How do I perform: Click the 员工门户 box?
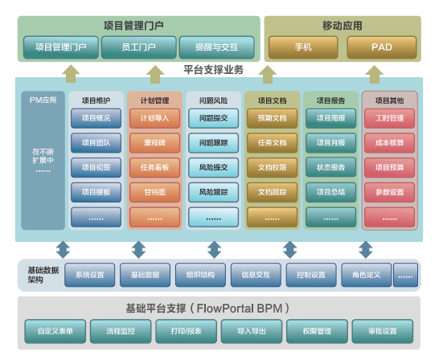click(x=138, y=47)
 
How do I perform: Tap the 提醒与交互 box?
click(x=216, y=47)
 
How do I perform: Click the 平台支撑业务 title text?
click(x=214, y=71)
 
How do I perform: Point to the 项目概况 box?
click(x=96, y=119)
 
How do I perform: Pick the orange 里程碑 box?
click(x=154, y=143)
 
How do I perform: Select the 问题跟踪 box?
click(x=213, y=143)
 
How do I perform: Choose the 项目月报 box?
click(x=330, y=143)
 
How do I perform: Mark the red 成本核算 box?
click(x=389, y=143)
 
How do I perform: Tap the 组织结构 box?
click(x=200, y=275)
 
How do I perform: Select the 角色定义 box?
click(x=366, y=275)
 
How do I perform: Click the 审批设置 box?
click(x=383, y=330)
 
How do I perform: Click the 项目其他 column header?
click(x=389, y=100)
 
